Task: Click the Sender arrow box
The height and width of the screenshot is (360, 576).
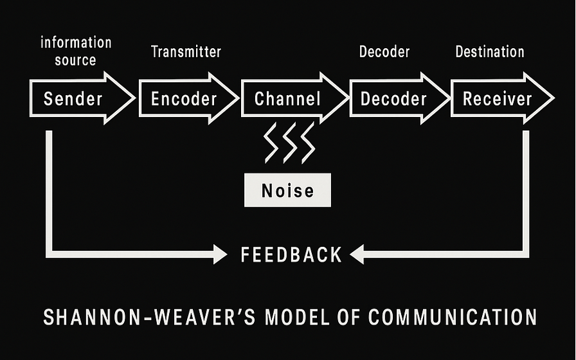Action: (x=73, y=99)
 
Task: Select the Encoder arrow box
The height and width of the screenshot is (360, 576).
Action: (x=184, y=99)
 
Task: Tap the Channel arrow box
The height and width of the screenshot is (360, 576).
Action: (x=287, y=99)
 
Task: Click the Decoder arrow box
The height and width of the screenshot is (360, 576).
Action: (x=393, y=99)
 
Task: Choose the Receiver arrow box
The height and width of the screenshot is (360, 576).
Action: (x=498, y=99)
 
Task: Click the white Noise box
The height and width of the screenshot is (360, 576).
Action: (x=287, y=190)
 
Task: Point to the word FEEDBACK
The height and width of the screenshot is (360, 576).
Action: (x=291, y=255)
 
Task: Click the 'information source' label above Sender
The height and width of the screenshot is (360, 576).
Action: (x=76, y=51)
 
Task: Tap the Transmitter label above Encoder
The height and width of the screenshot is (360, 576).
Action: (x=186, y=52)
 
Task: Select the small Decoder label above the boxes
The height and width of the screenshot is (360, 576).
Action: (x=384, y=52)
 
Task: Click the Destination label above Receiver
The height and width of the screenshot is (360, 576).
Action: (x=490, y=52)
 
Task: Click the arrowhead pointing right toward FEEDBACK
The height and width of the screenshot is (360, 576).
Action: (x=219, y=255)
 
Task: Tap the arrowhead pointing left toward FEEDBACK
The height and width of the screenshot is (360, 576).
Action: (x=357, y=255)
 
